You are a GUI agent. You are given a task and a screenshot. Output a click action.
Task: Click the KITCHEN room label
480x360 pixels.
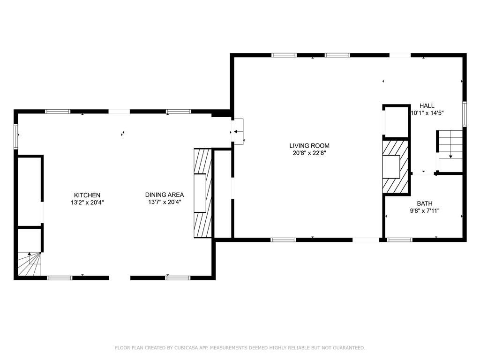(x=87, y=195)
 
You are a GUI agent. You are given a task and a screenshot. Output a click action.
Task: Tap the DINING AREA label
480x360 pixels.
(x=164, y=195)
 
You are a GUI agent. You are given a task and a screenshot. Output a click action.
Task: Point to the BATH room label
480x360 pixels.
(x=425, y=203)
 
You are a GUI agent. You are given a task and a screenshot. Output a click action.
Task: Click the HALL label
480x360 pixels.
(x=427, y=106)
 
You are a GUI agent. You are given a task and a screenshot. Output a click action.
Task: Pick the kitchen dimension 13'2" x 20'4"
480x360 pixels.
(x=87, y=202)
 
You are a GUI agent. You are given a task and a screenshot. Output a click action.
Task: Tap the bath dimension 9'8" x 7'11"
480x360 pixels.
(x=425, y=210)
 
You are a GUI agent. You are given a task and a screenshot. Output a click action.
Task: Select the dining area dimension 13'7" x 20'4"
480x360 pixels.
(x=164, y=202)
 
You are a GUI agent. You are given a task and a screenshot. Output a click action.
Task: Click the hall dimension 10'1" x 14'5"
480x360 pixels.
(x=427, y=113)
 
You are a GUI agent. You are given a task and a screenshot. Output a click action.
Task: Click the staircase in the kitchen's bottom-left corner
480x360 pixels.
(x=30, y=265)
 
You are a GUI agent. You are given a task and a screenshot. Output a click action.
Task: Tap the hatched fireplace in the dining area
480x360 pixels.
(x=202, y=194)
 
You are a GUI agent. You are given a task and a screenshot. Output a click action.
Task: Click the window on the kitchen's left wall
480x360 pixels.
(x=15, y=136)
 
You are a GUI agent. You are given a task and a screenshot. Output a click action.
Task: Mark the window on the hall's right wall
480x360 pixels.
(x=465, y=114)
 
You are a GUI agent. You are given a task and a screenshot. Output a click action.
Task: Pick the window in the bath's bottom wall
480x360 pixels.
(x=400, y=240)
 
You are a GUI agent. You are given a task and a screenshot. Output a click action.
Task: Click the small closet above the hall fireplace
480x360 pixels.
(x=397, y=121)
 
